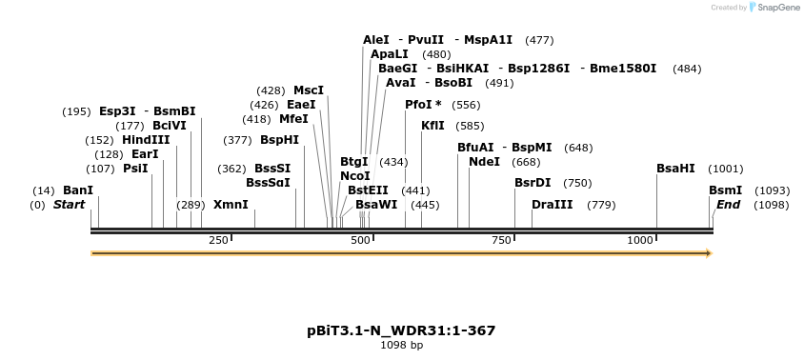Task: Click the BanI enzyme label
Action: coord(78,190)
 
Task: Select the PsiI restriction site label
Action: coord(135,169)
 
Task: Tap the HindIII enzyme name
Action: coord(146,140)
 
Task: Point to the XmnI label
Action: coord(231,205)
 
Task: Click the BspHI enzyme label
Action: coord(279,140)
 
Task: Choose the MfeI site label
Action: coord(293,119)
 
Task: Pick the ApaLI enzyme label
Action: coord(390,54)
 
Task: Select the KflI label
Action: coord(432,126)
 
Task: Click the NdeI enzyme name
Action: coord(484,162)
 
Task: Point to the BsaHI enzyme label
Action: coord(675,169)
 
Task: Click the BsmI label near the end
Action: coord(725,190)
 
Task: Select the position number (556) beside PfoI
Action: coord(466,105)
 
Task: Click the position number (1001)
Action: coord(726,169)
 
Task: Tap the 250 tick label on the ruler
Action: coord(218,240)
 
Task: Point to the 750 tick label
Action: coord(502,240)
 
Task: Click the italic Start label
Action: coord(69,205)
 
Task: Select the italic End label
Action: coord(728,205)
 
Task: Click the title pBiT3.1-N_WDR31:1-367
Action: coord(401,330)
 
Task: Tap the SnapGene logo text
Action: coord(777,8)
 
